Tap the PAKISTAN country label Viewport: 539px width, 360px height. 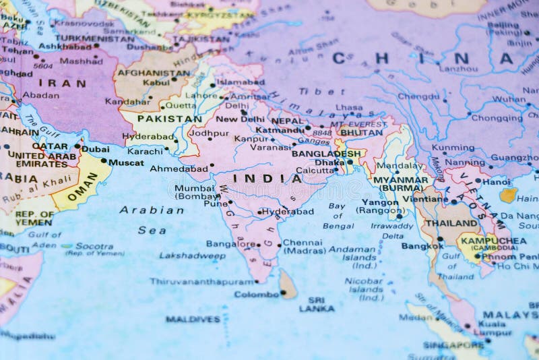[x=170, y=119]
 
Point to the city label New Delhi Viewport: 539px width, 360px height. [x=240, y=119]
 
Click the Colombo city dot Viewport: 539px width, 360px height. [x=284, y=293]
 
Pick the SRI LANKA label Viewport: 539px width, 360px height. [x=316, y=304]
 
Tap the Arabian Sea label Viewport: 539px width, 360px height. [x=152, y=220]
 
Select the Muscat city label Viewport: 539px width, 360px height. [x=126, y=162]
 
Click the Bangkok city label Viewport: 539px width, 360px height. [x=422, y=246]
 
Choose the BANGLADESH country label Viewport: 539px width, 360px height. [x=326, y=154]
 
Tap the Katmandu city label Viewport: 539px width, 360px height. [x=280, y=129]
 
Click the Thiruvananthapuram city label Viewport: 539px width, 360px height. [x=201, y=281]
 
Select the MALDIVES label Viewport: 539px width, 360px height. [x=193, y=319]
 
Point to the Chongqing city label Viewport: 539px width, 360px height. [x=497, y=118]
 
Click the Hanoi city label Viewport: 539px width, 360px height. [x=497, y=181]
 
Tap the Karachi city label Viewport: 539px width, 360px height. [x=145, y=152]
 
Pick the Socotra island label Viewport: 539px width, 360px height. [x=94, y=247]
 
